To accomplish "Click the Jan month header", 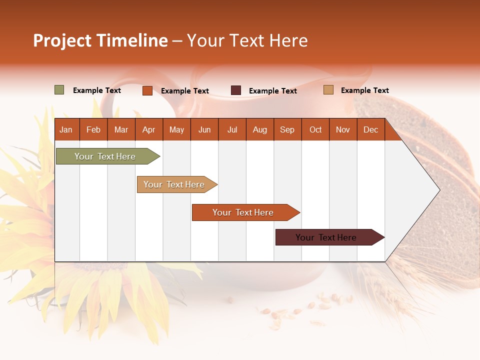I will pos(66,129).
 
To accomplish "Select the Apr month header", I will pos(148,129).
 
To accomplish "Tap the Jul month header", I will pos(232,129).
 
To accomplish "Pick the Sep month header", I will pos(287,129).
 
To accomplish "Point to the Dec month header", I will pos(370,129).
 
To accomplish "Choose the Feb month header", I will pos(93,129).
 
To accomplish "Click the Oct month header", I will pos(315,129).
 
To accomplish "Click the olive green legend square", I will pos(59,90).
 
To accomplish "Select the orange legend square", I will pos(147,90).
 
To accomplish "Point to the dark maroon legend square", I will pos(235,90).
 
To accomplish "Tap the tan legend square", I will pos(328,90).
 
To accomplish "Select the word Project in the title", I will pos(62,40).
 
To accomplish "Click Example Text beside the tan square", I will pos(364,90).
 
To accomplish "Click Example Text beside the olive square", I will pos(96,90).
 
